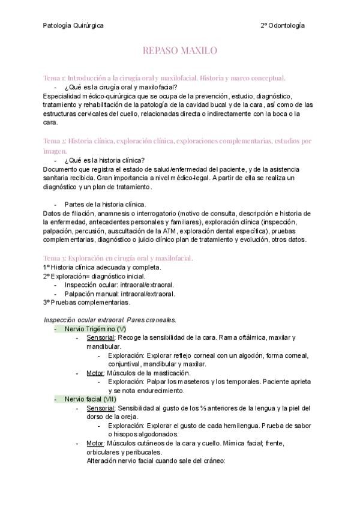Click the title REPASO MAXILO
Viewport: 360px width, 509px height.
[179, 52]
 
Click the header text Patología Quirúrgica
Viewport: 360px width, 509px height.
[73, 26]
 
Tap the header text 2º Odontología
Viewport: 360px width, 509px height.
[282, 26]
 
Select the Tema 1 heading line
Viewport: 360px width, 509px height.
[164, 78]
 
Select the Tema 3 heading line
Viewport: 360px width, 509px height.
[118, 258]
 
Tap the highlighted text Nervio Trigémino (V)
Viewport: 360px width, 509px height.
[95, 330]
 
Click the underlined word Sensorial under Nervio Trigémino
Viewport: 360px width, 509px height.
[101, 339]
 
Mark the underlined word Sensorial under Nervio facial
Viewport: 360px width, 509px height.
[101, 408]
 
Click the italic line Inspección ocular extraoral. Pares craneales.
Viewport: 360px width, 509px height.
[110, 319]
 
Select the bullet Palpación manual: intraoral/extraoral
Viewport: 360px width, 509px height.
[119, 294]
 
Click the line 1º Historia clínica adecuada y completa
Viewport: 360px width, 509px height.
[102, 267]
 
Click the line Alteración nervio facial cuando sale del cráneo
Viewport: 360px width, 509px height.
[155, 461]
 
